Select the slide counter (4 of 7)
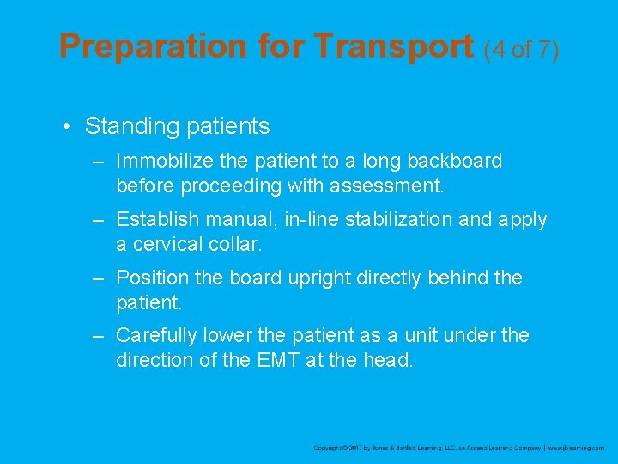coord(522,49)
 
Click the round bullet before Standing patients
coord(66,127)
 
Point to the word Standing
coord(129,127)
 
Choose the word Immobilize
coord(161,161)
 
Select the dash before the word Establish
coord(100,219)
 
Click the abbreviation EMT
coord(278,359)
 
